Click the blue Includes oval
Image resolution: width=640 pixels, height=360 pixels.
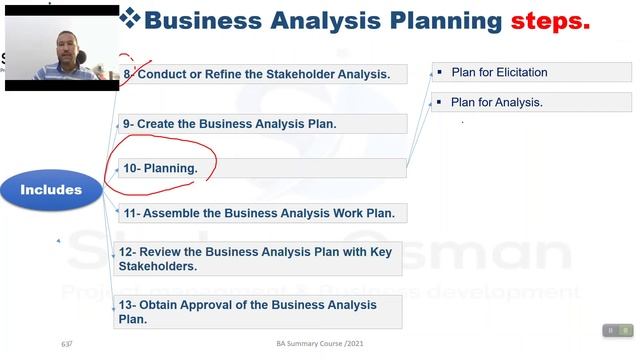[x=51, y=189]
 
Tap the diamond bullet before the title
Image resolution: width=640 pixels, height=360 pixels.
[x=129, y=18]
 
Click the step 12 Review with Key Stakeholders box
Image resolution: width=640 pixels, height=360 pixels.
[x=259, y=259]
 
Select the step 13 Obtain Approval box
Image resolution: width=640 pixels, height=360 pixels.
[x=259, y=312]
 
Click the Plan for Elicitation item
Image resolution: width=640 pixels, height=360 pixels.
[x=499, y=72]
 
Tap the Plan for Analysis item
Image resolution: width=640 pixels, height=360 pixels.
[x=496, y=102]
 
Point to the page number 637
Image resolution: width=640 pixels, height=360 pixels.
[x=67, y=345]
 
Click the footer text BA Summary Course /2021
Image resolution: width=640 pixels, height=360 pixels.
[x=319, y=345]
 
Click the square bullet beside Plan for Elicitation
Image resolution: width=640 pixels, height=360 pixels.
[x=439, y=72]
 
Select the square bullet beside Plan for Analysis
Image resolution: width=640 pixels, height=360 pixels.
[x=439, y=102]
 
